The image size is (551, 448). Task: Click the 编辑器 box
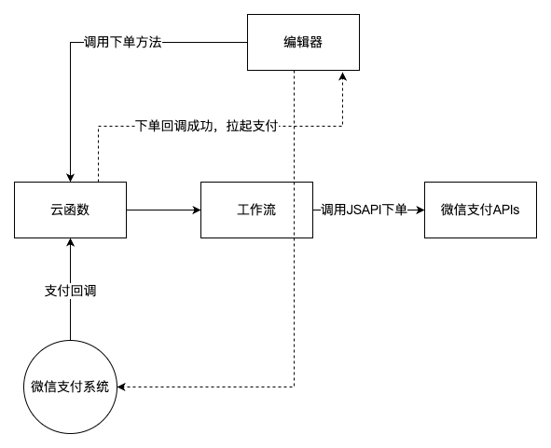pyautogui.click(x=303, y=42)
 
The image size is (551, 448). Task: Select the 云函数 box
pyautogui.click(x=70, y=210)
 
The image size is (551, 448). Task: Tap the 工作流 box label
pyautogui.click(x=256, y=210)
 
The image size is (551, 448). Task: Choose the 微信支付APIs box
pyautogui.click(x=480, y=210)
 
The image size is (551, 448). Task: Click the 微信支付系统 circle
pyautogui.click(x=70, y=387)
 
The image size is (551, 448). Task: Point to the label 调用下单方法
pyautogui.click(x=123, y=42)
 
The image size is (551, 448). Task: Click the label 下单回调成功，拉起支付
pyautogui.click(x=207, y=126)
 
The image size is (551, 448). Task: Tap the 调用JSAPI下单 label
pyautogui.click(x=364, y=210)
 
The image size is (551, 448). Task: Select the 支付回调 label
pyautogui.click(x=70, y=291)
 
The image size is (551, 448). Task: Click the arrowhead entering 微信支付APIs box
pyautogui.click(x=420, y=210)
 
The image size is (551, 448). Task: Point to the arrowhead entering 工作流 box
pyautogui.click(x=197, y=210)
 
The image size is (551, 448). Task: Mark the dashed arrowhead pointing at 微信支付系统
pyautogui.click(x=121, y=387)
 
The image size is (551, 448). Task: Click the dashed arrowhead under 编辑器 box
pyautogui.click(x=342, y=75)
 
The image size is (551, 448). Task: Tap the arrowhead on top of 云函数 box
pyautogui.click(x=70, y=178)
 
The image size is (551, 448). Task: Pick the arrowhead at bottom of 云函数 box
pyautogui.click(x=70, y=242)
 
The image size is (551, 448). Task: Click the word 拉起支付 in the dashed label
pyautogui.click(x=253, y=126)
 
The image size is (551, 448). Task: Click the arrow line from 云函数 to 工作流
pyautogui.click(x=163, y=210)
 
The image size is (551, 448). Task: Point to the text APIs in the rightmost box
pyautogui.click(x=506, y=210)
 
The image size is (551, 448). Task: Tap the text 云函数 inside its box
pyautogui.click(x=70, y=210)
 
